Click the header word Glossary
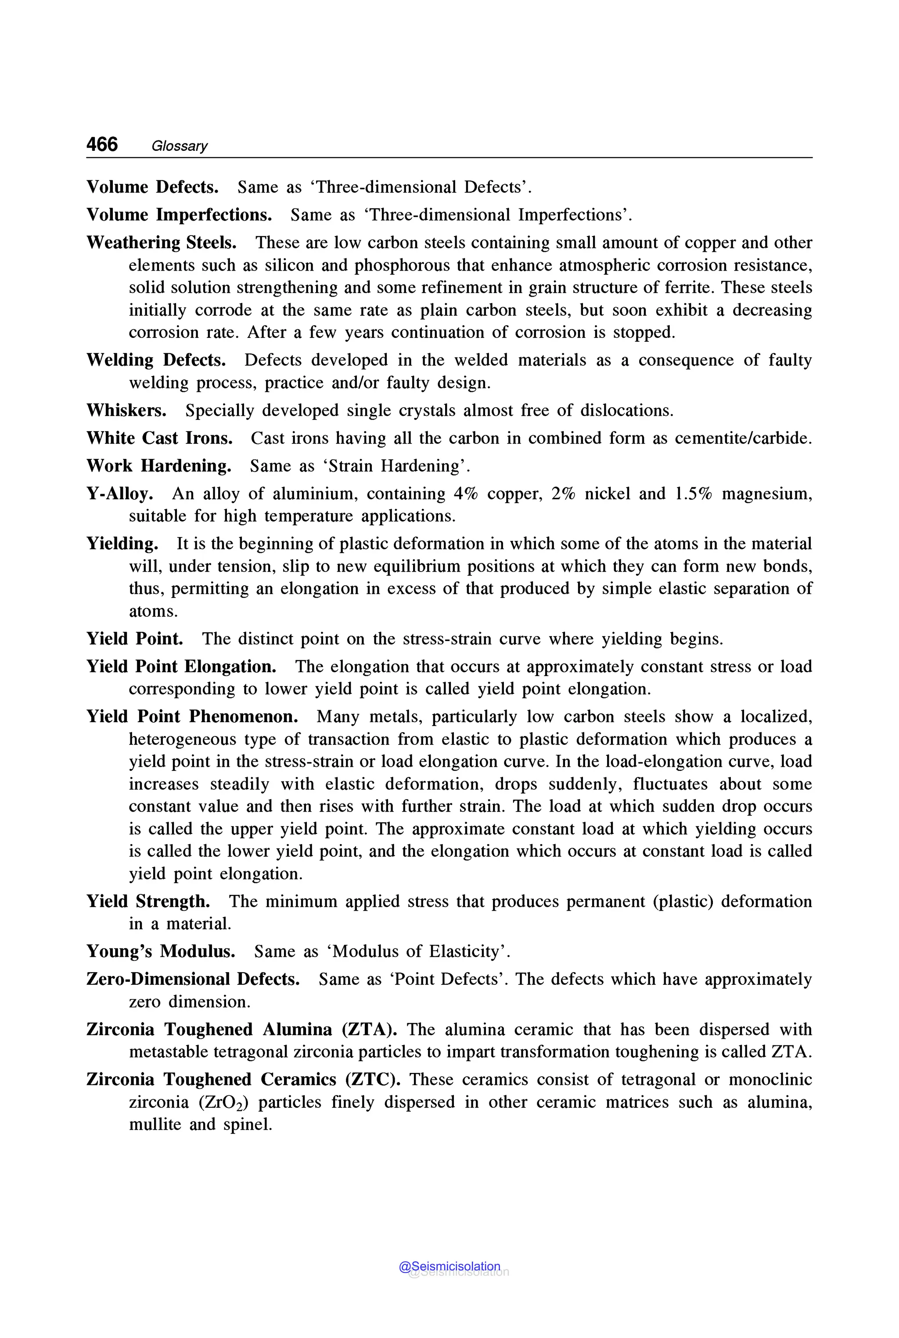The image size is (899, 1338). coord(179,146)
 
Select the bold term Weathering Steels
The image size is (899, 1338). coord(161,243)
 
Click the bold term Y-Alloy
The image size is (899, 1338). coord(119,494)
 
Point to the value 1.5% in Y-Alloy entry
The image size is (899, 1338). coord(693,494)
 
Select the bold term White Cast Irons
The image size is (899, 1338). coord(159,438)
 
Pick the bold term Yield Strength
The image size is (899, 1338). coord(148,902)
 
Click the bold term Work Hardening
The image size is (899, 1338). coord(159,466)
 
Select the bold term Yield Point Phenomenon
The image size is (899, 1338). coord(192,716)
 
